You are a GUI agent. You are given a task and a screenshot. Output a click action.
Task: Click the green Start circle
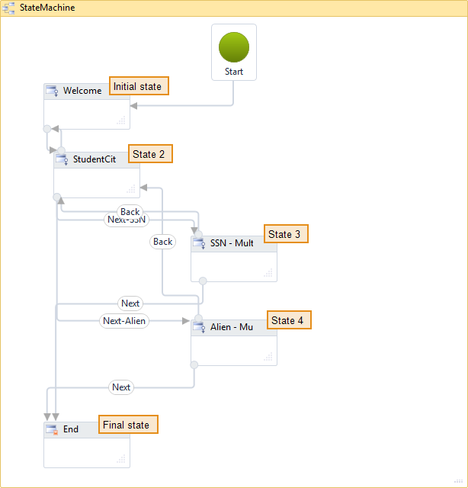click(234, 47)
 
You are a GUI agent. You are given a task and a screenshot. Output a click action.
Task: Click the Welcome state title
click(82, 91)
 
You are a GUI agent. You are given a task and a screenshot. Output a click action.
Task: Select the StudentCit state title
click(95, 159)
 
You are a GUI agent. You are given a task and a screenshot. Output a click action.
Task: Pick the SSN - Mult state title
click(232, 243)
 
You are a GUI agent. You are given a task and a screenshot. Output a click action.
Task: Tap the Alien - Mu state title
click(232, 327)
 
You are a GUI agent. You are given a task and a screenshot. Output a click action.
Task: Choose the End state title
click(71, 429)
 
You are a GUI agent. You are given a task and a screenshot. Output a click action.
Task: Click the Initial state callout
click(138, 86)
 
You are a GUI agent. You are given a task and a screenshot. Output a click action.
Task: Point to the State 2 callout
click(149, 154)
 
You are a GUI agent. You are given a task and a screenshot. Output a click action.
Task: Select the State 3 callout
click(285, 234)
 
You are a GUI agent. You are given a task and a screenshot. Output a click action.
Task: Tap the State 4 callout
click(288, 320)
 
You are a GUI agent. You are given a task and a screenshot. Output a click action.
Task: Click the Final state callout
click(127, 425)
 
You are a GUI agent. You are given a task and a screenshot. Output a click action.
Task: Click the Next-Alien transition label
click(124, 321)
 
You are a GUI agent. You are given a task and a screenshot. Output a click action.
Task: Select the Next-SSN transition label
click(126, 220)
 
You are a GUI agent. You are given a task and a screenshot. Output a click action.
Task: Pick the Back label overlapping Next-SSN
click(130, 211)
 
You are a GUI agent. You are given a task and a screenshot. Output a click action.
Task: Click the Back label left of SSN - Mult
click(163, 242)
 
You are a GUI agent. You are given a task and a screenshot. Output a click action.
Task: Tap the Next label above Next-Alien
click(130, 303)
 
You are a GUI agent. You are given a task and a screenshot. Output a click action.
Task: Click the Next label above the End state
click(121, 387)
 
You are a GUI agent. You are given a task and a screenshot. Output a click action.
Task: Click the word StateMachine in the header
click(47, 8)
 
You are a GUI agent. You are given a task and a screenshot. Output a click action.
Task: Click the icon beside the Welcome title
click(52, 91)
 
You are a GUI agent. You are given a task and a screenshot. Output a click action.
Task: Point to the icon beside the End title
click(52, 430)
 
